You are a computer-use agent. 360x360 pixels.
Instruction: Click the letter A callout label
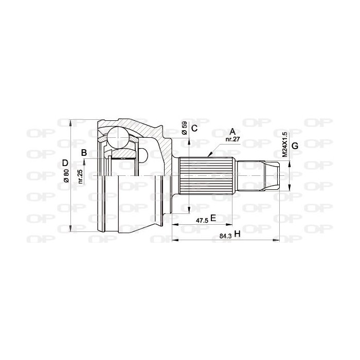[x=232, y=132]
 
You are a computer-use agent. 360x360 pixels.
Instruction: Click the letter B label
[x=84, y=152]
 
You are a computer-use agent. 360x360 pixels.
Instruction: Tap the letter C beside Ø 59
[x=194, y=129]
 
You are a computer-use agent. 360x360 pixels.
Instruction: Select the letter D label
[x=65, y=163]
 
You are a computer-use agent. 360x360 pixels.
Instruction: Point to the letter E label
[x=213, y=218]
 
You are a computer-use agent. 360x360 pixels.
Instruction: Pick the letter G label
[x=295, y=146]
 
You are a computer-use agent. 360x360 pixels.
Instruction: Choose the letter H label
[x=237, y=234]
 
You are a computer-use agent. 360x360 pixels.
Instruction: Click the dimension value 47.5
[x=202, y=221]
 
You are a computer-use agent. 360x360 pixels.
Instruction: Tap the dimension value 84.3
[x=225, y=236]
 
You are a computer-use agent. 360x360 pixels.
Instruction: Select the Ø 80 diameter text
[x=66, y=176]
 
